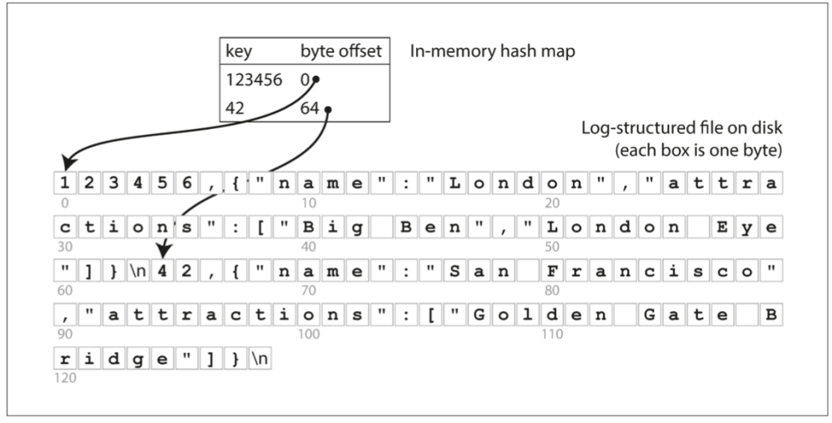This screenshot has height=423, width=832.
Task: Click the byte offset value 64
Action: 314,108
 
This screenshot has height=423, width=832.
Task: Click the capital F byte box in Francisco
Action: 552,271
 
